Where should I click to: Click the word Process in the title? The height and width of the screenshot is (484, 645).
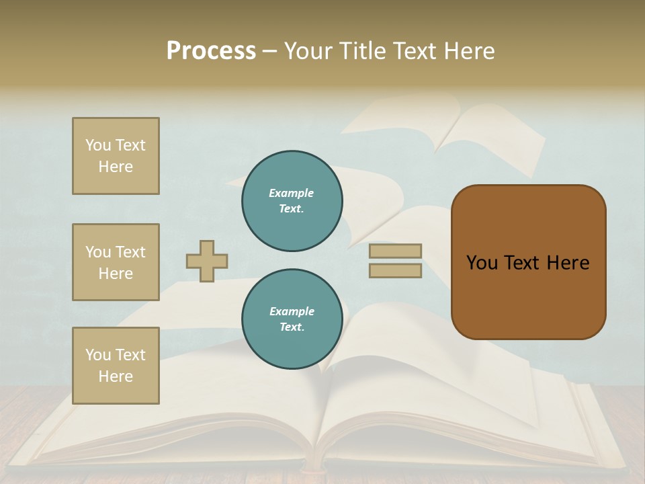click(x=211, y=51)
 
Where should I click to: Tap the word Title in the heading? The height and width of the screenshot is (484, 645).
click(x=360, y=51)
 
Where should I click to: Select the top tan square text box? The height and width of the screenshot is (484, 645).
click(x=116, y=156)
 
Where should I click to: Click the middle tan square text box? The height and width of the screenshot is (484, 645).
click(x=116, y=262)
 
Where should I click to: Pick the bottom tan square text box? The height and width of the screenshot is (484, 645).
click(x=116, y=366)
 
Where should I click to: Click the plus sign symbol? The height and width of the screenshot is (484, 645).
click(x=207, y=261)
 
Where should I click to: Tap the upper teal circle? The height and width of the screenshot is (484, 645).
click(x=292, y=201)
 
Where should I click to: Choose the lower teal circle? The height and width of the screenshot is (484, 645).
click(x=292, y=319)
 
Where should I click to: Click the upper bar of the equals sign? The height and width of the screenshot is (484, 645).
click(x=395, y=251)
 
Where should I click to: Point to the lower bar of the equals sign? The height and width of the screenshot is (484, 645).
click(x=395, y=271)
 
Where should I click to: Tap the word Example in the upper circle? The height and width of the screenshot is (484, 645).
click(x=292, y=193)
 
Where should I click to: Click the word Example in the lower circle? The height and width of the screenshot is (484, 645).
click(x=292, y=311)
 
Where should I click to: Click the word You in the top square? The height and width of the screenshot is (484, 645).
click(x=98, y=145)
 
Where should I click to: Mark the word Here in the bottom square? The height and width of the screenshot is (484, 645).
click(x=116, y=376)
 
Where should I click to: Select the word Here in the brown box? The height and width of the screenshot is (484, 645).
click(x=568, y=263)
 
